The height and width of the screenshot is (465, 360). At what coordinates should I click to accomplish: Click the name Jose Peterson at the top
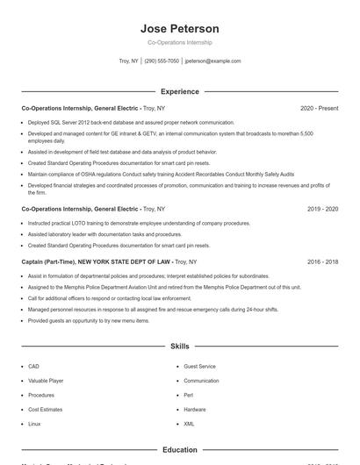[x=179, y=29]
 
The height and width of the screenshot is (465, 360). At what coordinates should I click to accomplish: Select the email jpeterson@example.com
[x=212, y=61]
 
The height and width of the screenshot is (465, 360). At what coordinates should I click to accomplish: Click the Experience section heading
[x=179, y=91]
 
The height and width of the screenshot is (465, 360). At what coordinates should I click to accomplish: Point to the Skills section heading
[x=179, y=347]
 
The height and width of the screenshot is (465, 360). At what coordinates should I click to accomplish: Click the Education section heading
[x=179, y=450]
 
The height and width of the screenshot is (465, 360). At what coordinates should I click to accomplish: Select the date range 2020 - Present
[x=319, y=108]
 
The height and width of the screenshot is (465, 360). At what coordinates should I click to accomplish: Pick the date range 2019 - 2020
[x=322, y=210]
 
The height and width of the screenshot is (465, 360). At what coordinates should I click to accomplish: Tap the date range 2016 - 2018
[x=322, y=261]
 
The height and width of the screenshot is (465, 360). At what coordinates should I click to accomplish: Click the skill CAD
[x=33, y=366]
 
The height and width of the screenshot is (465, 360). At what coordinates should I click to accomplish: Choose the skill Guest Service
[x=199, y=366]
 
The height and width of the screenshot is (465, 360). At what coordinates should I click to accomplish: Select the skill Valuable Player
[x=46, y=381]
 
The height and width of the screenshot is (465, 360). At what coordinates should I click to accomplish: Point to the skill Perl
[x=188, y=395]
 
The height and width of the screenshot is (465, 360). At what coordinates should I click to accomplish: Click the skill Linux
[x=34, y=424]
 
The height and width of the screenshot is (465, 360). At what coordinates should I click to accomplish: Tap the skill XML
[x=189, y=424]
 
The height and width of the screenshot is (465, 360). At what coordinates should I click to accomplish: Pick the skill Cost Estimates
[x=45, y=410]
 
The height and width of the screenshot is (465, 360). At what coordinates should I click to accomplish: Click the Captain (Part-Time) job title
[x=97, y=261]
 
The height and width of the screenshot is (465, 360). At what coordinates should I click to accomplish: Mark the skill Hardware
[x=195, y=410]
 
